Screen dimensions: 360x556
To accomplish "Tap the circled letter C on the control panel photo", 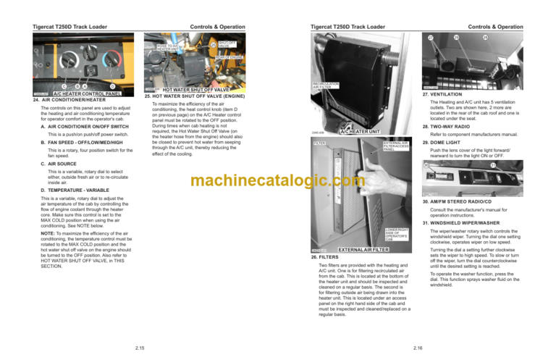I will pos(64,86).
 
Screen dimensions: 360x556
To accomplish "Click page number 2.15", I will pos(138,348).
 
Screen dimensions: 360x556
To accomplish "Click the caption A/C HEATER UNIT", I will pos(360,132).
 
